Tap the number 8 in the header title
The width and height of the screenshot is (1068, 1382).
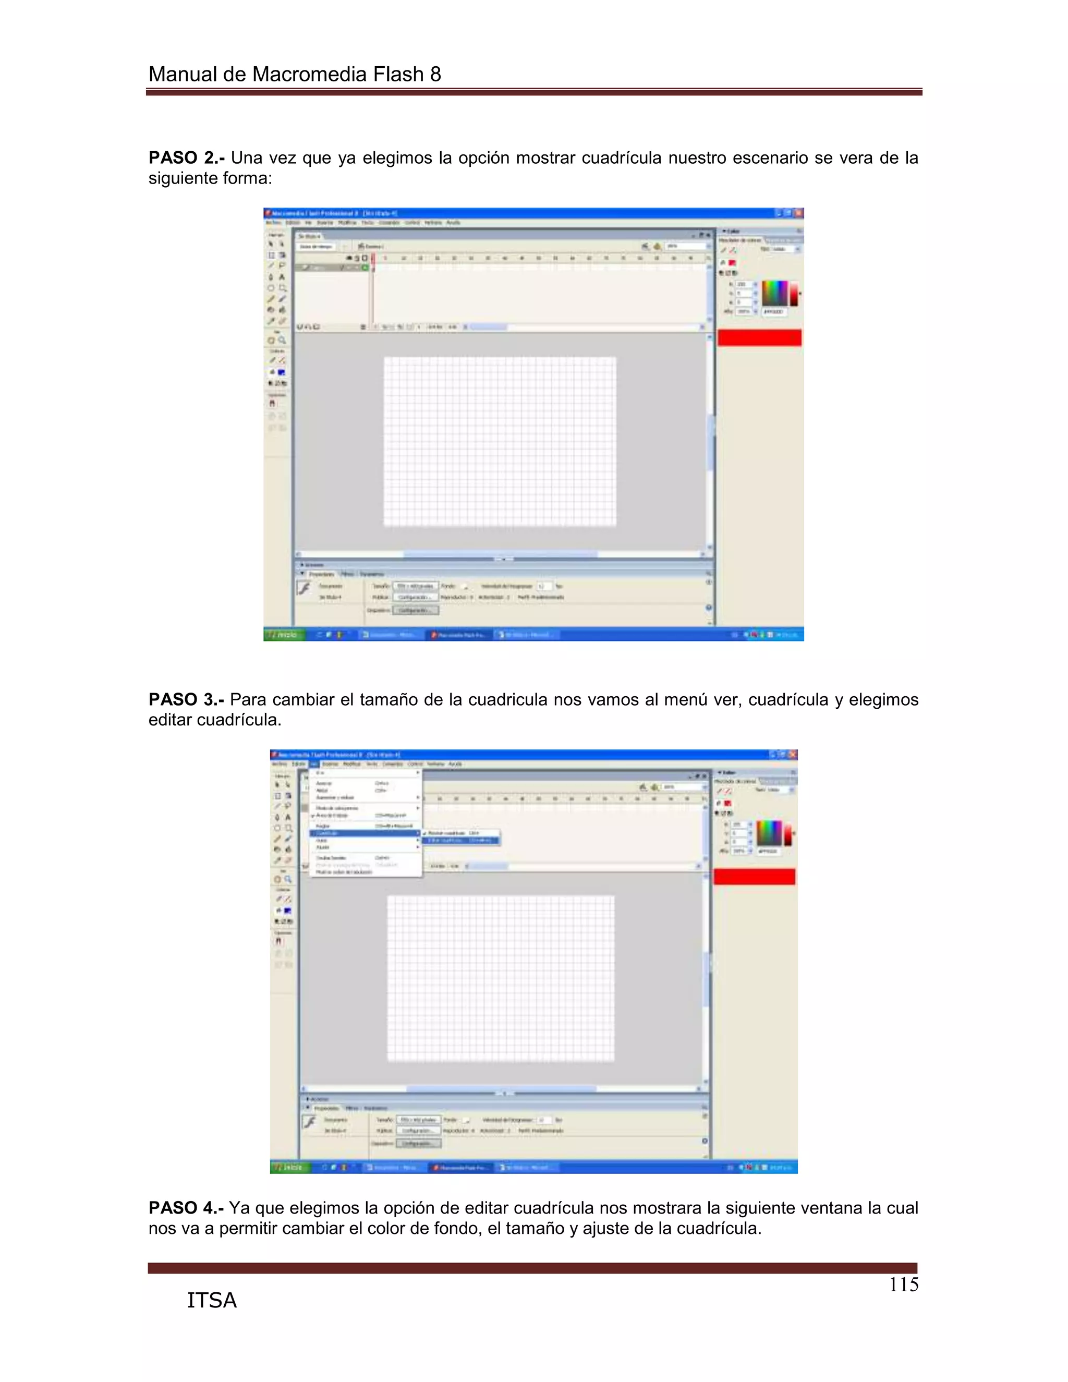pyautogui.click(x=435, y=75)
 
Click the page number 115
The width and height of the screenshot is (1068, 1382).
pyautogui.click(x=904, y=1284)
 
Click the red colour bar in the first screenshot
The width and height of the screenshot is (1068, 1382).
pyautogui.click(x=759, y=338)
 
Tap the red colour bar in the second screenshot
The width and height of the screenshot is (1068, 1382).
pyautogui.click(x=754, y=877)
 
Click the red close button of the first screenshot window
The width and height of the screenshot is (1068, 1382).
pyautogui.click(x=798, y=213)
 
